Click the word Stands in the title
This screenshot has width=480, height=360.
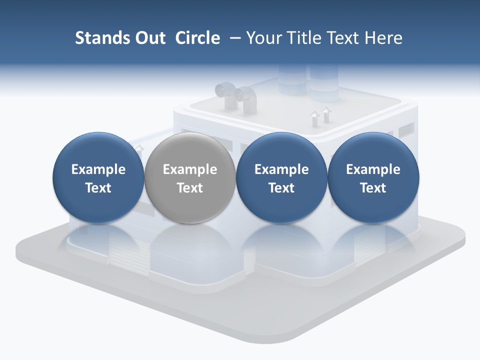coord(101,38)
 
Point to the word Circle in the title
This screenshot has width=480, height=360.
coord(197,38)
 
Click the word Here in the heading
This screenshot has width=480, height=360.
coord(383,38)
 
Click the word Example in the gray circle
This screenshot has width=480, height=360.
coord(190,169)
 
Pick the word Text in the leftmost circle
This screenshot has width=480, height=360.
coord(98,188)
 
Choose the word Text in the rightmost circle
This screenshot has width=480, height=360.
coord(373,188)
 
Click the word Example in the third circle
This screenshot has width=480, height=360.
coord(281,169)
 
